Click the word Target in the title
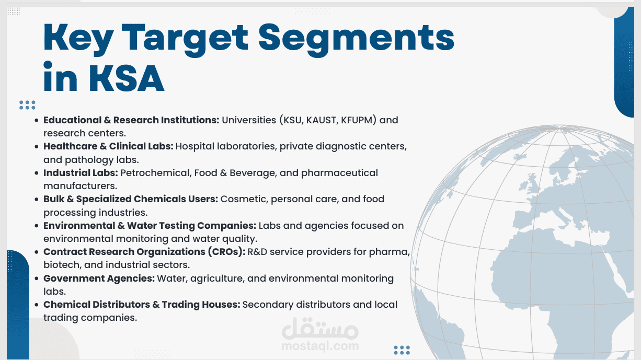185,40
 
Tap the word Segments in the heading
356,40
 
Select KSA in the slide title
127,78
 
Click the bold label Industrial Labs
81,173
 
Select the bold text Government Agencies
99,278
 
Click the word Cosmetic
244,199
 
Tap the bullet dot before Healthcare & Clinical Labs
37,147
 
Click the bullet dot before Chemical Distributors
37,305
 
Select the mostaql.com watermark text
320,346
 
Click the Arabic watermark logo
320,328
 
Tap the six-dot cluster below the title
27,105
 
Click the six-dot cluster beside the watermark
402,350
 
